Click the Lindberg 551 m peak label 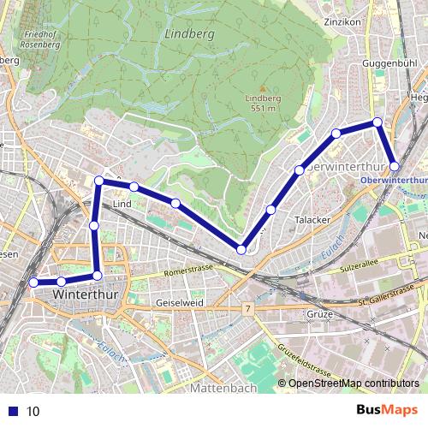point(264,103)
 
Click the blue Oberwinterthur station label point(393,181)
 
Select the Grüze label point(318,314)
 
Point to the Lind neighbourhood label point(121,205)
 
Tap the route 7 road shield point(247,307)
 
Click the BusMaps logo point(386,411)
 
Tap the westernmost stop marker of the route point(33,282)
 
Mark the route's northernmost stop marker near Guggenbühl point(377,122)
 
